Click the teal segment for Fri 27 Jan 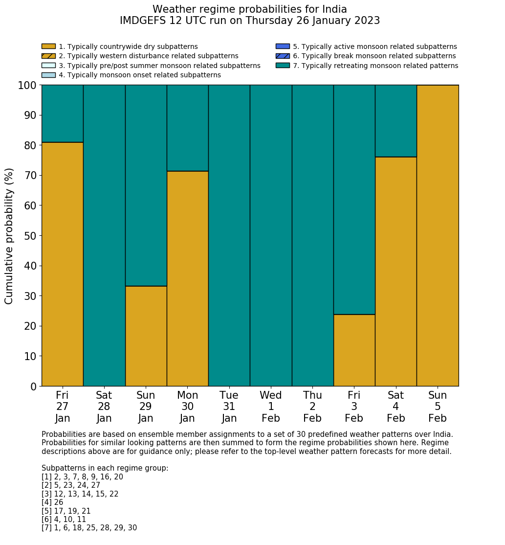[x=62, y=114]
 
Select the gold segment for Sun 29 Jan [x=146, y=336]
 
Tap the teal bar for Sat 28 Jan [x=104, y=235]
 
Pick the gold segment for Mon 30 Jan [x=187, y=278]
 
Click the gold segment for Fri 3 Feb [x=354, y=350]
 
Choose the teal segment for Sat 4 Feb [x=395, y=121]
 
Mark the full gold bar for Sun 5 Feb [x=438, y=235]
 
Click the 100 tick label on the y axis [x=27, y=86]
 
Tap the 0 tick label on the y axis [x=33, y=386]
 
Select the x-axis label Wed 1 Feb [x=271, y=407]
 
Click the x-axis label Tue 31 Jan [x=229, y=407]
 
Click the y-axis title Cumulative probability [x=10, y=236]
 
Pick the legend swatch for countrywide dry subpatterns [x=48, y=46]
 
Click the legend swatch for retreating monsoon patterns [x=283, y=66]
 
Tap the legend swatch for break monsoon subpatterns [x=283, y=56]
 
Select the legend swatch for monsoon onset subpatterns [x=48, y=75]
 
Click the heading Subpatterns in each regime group [x=105, y=468]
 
